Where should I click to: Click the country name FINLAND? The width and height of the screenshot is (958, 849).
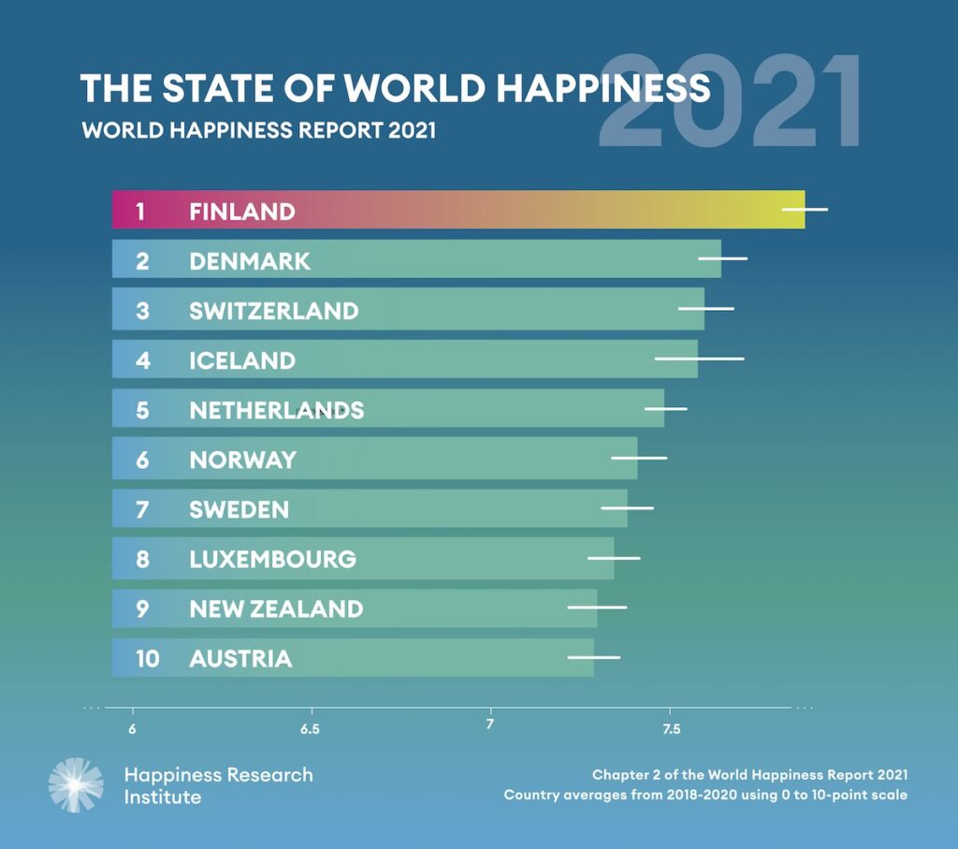[x=241, y=211]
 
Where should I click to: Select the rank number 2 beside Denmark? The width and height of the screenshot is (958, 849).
[x=142, y=260]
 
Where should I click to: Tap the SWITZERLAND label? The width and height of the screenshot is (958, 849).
[x=273, y=310]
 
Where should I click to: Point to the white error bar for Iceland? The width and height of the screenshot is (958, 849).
[x=699, y=359]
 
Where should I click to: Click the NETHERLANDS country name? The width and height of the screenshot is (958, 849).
[x=276, y=409]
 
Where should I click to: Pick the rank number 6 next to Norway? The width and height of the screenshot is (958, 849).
[x=142, y=460]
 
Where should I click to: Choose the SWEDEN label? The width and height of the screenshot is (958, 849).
[x=239, y=509]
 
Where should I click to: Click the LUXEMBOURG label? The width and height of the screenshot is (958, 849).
[x=272, y=559]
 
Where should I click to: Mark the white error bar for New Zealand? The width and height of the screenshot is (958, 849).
[x=597, y=607]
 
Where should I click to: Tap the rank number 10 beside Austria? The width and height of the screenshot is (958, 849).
[x=147, y=658]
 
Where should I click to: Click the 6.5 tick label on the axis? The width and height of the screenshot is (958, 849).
[x=311, y=729]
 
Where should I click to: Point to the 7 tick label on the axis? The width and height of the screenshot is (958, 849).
[x=489, y=725]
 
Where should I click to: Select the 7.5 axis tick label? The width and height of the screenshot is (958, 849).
[x=670, y=729]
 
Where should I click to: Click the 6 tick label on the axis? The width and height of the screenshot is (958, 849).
[x=132, y=729]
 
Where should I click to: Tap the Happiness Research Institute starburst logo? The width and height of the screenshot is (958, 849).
[x=77, y=784]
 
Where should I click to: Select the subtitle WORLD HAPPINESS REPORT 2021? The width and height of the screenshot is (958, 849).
[x=258, y=129]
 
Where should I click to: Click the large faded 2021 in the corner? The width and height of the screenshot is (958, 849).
[x=730, y=103]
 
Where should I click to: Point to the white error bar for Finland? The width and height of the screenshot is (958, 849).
[x=805, y=210]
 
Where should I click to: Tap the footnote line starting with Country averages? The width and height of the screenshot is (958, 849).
[x=705, y=795]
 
